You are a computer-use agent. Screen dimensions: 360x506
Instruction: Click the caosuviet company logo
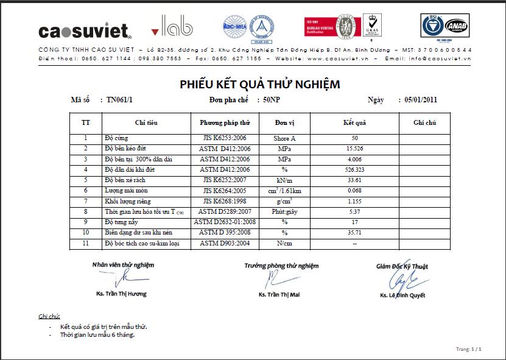tap(85, 30)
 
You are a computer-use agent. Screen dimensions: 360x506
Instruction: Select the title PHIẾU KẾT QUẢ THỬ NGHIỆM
tap(259, 84)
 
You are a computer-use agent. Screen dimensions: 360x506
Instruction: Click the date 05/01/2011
tap(417, 100)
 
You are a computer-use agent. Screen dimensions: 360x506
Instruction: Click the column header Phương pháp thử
tap(225, 122)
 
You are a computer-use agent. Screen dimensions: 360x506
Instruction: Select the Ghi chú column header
tap(424, 122)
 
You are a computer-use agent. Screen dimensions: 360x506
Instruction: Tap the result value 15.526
tap(354, 149)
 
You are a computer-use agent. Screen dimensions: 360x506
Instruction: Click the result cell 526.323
tap(354, 169)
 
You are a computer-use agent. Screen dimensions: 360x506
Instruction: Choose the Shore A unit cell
tap(284, 138)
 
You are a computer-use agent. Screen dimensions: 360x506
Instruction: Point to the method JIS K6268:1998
tap(225, 201)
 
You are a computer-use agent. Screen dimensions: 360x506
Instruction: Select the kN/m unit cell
tap(284, 180)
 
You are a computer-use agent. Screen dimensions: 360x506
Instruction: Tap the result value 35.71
tap(354, 233)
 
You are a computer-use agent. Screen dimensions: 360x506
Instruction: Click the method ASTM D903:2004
tap(224, 243)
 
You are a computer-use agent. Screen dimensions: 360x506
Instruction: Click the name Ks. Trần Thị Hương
tap(121, 294)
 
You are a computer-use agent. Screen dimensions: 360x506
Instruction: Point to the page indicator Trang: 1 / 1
tap(468, 349)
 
